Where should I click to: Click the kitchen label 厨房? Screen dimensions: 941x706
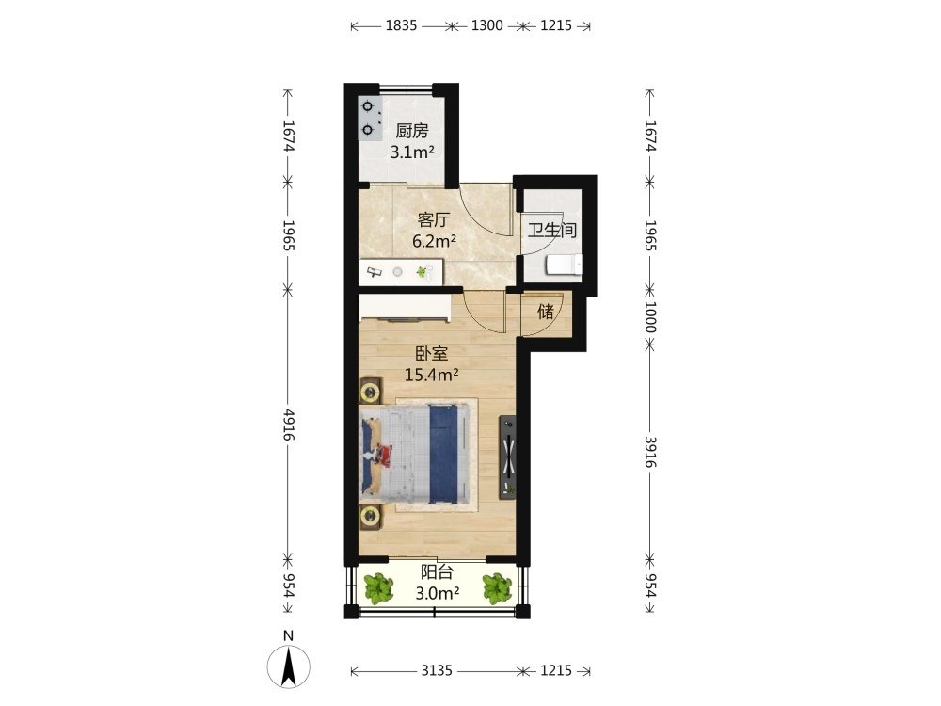point(412,131)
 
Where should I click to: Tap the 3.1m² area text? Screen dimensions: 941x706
point(412,152)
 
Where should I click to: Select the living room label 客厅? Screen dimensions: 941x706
point(434,219)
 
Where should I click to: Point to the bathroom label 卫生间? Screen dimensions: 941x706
point(552,230)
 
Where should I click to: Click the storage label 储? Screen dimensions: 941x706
point(546,312)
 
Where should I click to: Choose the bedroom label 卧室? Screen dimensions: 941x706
point(432,354)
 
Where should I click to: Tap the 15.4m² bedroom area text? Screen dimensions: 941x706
point(432,376)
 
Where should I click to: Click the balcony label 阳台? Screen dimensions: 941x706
point(437,572)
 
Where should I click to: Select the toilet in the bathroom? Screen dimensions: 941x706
point(565,265)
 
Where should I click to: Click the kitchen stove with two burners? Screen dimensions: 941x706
point(370,119)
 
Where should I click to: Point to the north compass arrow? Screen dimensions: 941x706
point(289,666)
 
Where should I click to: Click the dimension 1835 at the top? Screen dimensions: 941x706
point(401,25)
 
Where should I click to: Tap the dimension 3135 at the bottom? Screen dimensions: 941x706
point(437,670)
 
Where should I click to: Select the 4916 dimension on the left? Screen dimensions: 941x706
point(289,425)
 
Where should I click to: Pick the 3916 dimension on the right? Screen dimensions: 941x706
point(650,452)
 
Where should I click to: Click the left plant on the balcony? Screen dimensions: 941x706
point(378,588)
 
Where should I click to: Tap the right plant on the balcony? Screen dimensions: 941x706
point(497,588)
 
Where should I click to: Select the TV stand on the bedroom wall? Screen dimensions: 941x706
point(508,457)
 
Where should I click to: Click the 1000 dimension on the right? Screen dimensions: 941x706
point(650,317)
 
